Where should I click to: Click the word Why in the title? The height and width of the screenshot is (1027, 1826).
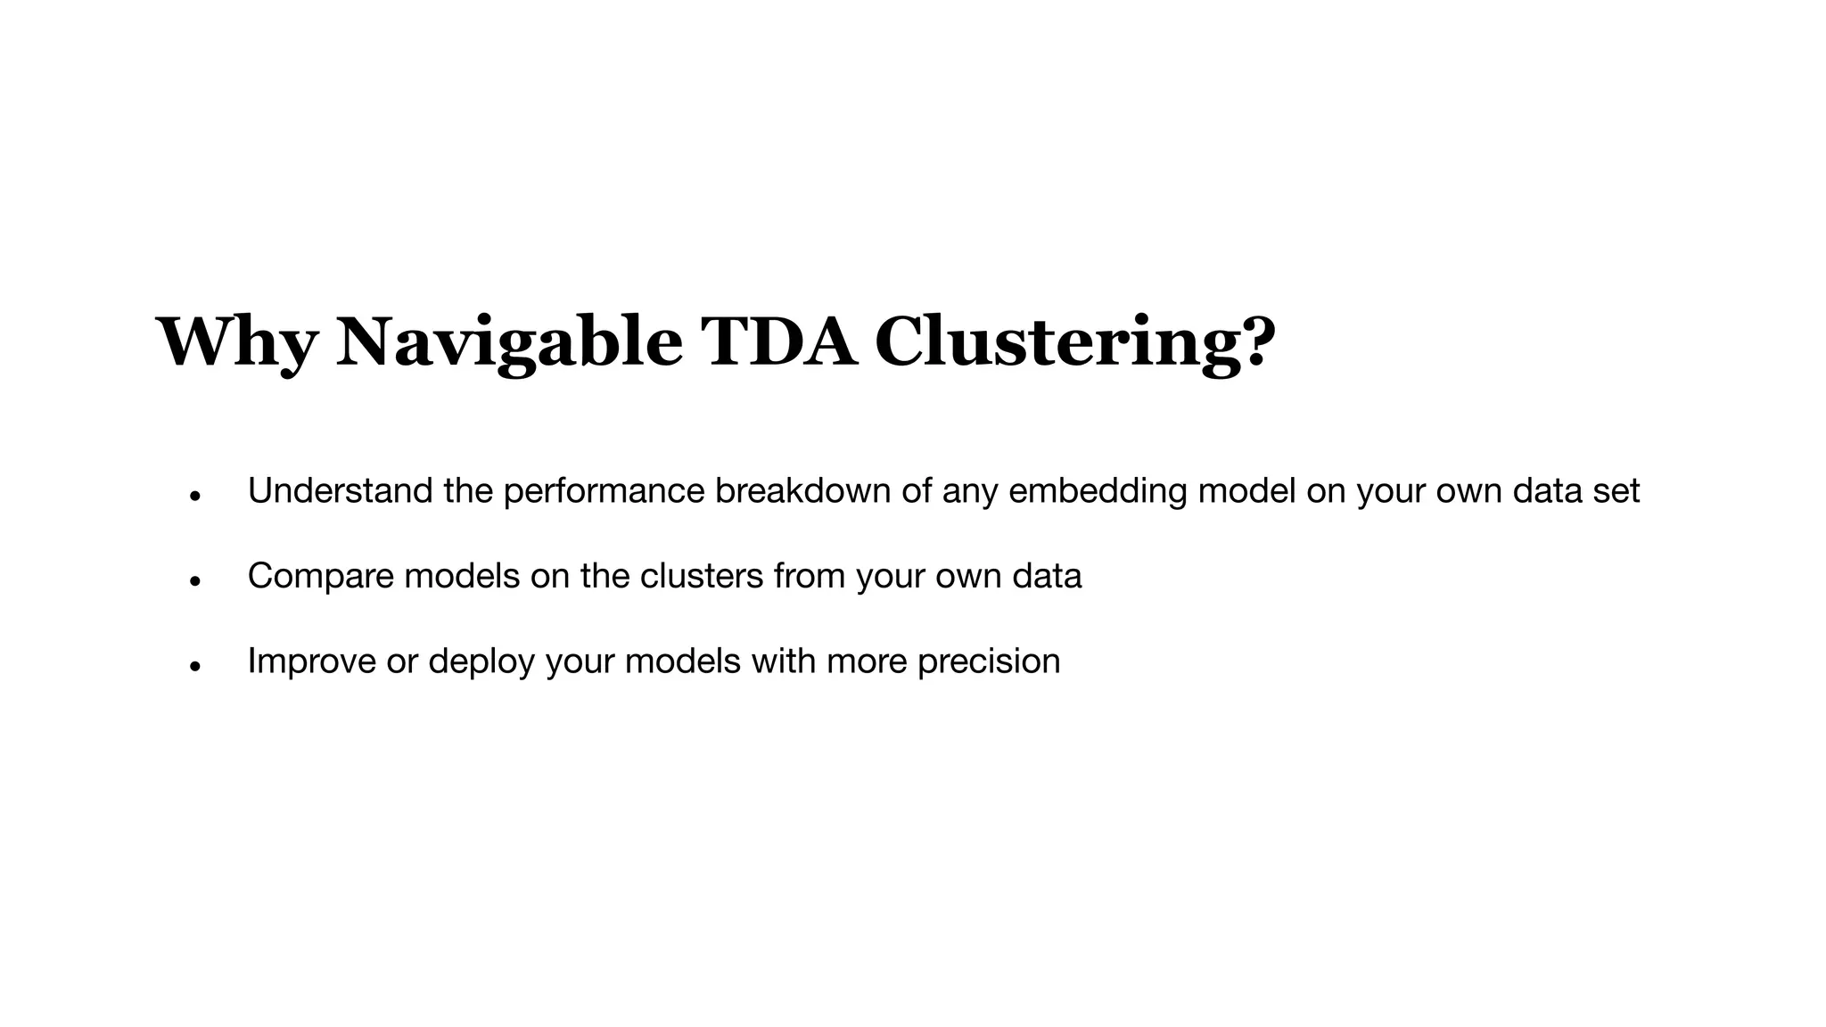(x=237, y=342)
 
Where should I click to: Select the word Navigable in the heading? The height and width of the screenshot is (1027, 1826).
(x=509, y=342)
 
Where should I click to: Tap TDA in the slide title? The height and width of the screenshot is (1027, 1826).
(x=778, y=342)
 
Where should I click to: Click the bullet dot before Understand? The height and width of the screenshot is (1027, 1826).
(x=195, y=496)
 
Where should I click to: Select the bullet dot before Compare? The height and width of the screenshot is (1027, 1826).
(x=195, y=580)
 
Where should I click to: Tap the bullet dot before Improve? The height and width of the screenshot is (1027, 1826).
(x=195, y=665)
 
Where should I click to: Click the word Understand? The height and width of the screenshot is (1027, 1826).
(x=340, y=491)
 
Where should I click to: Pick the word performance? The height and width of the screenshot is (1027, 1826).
(x=604, y=491)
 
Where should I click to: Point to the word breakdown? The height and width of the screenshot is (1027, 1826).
(x=802, y=491)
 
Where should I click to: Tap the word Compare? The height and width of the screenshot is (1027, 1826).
(x=320, y=576)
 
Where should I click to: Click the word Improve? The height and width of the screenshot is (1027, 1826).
(x=312, y=661)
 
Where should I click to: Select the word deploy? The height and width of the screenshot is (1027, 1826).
(x=481, y=661)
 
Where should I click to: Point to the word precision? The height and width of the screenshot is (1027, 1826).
(x=989, y=661)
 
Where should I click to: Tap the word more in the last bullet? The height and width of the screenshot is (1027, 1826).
(x=867, y=661)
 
